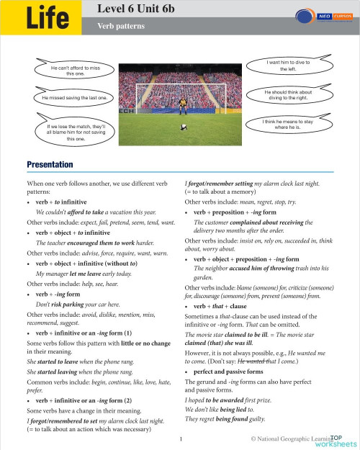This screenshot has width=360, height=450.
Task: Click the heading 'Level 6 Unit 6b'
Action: (x=140, y=9)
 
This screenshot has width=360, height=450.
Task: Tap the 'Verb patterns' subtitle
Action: (x=121, y=25)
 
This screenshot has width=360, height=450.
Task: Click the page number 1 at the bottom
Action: (x=181, y=438)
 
